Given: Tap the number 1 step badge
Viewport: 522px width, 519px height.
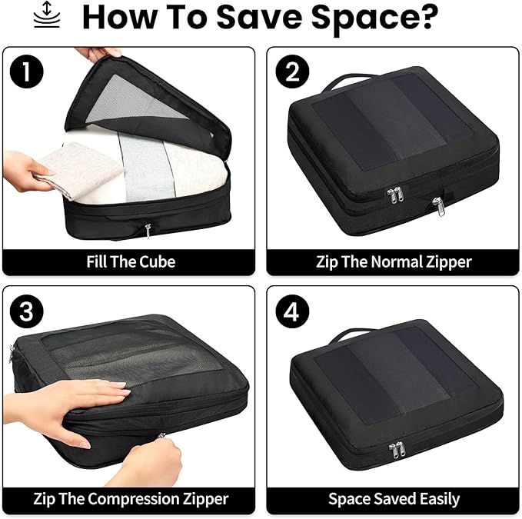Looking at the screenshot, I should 28,72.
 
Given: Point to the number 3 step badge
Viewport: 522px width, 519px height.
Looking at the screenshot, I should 28,311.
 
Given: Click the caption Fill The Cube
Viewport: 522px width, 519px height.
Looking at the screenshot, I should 130,261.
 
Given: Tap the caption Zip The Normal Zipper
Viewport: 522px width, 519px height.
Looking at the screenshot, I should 394,261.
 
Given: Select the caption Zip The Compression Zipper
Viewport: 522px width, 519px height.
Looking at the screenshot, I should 130,499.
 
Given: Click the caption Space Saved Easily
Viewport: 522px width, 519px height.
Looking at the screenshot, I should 394,499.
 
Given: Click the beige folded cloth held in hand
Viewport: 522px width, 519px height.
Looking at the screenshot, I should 72,169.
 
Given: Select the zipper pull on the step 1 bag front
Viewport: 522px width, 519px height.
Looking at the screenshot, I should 148,230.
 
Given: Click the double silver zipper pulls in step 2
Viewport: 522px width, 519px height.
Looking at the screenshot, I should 394,197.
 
